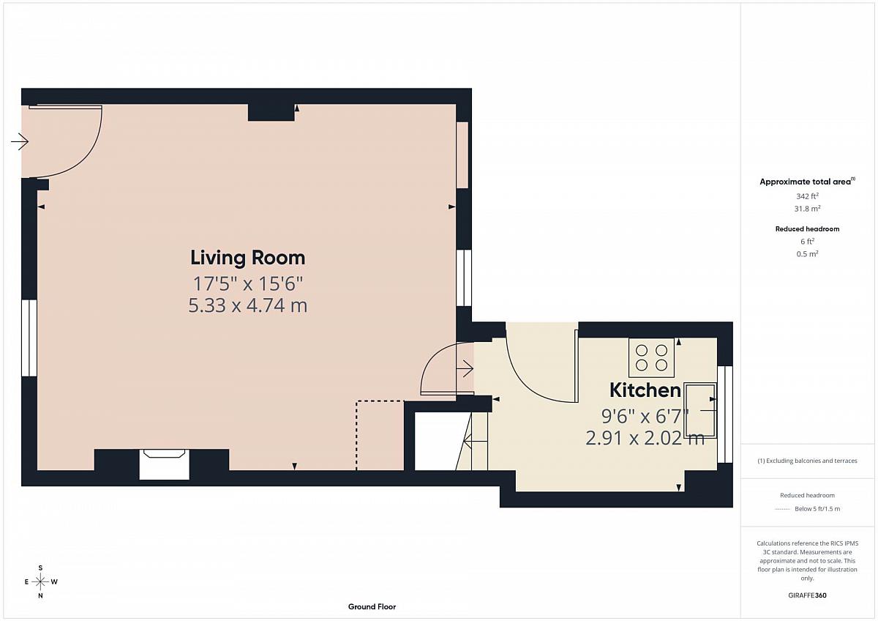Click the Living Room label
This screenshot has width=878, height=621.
coord(248,258)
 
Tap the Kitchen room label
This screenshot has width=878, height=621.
coord(645,390)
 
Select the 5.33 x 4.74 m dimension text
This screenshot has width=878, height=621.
coord(248,305)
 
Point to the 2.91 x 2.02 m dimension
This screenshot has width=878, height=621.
coord(645,438)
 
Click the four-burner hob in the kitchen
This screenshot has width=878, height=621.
coord(651,357)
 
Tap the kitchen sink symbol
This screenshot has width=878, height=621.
coord(700,410)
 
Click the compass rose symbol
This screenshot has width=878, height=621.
coord(40,581)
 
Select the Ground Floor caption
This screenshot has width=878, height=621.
coord(372,606)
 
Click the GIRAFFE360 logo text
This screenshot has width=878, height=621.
coord(807,595)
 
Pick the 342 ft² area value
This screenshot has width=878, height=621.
coord(807,196)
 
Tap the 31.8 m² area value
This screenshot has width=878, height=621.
coord(807,208)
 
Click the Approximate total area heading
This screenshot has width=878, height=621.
coord(807,182)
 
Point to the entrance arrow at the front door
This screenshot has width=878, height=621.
coord(20,141)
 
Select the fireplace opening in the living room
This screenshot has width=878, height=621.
coord(164,464)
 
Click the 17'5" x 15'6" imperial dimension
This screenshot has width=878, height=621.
coord(248,283)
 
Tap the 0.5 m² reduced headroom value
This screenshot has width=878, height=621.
coord(807,254)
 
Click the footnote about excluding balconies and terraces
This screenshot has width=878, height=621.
coord(807,461)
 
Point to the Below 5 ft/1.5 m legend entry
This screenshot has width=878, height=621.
coord(817,509)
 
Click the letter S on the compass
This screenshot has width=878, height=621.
coord(40,568)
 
